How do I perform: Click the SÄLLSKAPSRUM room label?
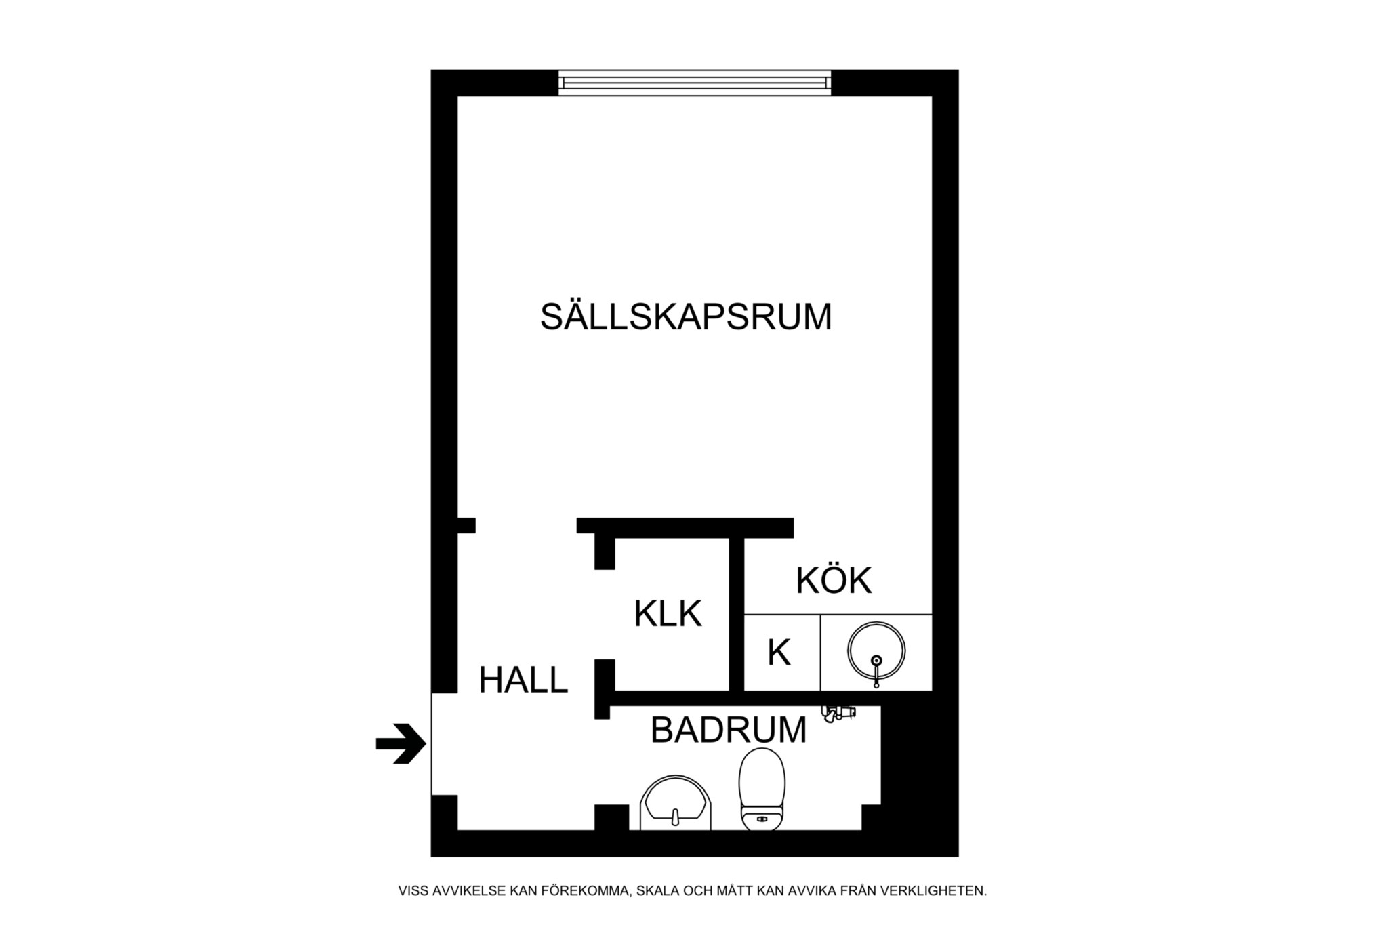[685, 317]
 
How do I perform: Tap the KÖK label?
[833, 581]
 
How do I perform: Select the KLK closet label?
[668, 614]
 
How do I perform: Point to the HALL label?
[523, 680]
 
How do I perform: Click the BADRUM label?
[729, 731]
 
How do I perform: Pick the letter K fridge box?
[780, 653]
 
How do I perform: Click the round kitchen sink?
[876, 651]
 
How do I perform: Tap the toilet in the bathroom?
[762, 789]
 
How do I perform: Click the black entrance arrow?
[401, 744]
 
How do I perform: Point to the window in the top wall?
[695, 83]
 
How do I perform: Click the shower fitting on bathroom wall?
[838, 713]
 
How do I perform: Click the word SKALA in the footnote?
[656, 891]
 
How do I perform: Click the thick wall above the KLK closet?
[685, 527]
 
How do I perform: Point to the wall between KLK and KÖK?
[737, 613]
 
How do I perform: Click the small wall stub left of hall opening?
[466, 525]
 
